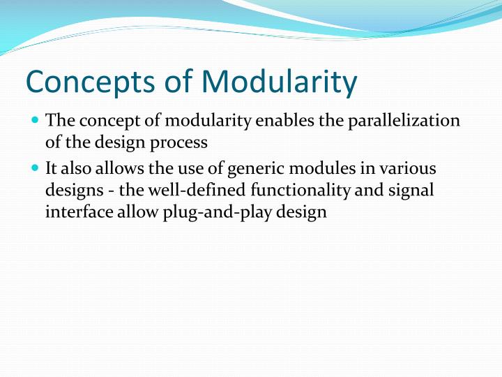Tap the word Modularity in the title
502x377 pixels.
pos(279,81)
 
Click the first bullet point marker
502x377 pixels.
pos(36,120)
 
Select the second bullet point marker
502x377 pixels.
pos(36,168)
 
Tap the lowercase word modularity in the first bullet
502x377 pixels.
pos(208,120)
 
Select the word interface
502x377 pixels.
pos(75,212)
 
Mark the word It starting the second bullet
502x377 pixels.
pos(52,168)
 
